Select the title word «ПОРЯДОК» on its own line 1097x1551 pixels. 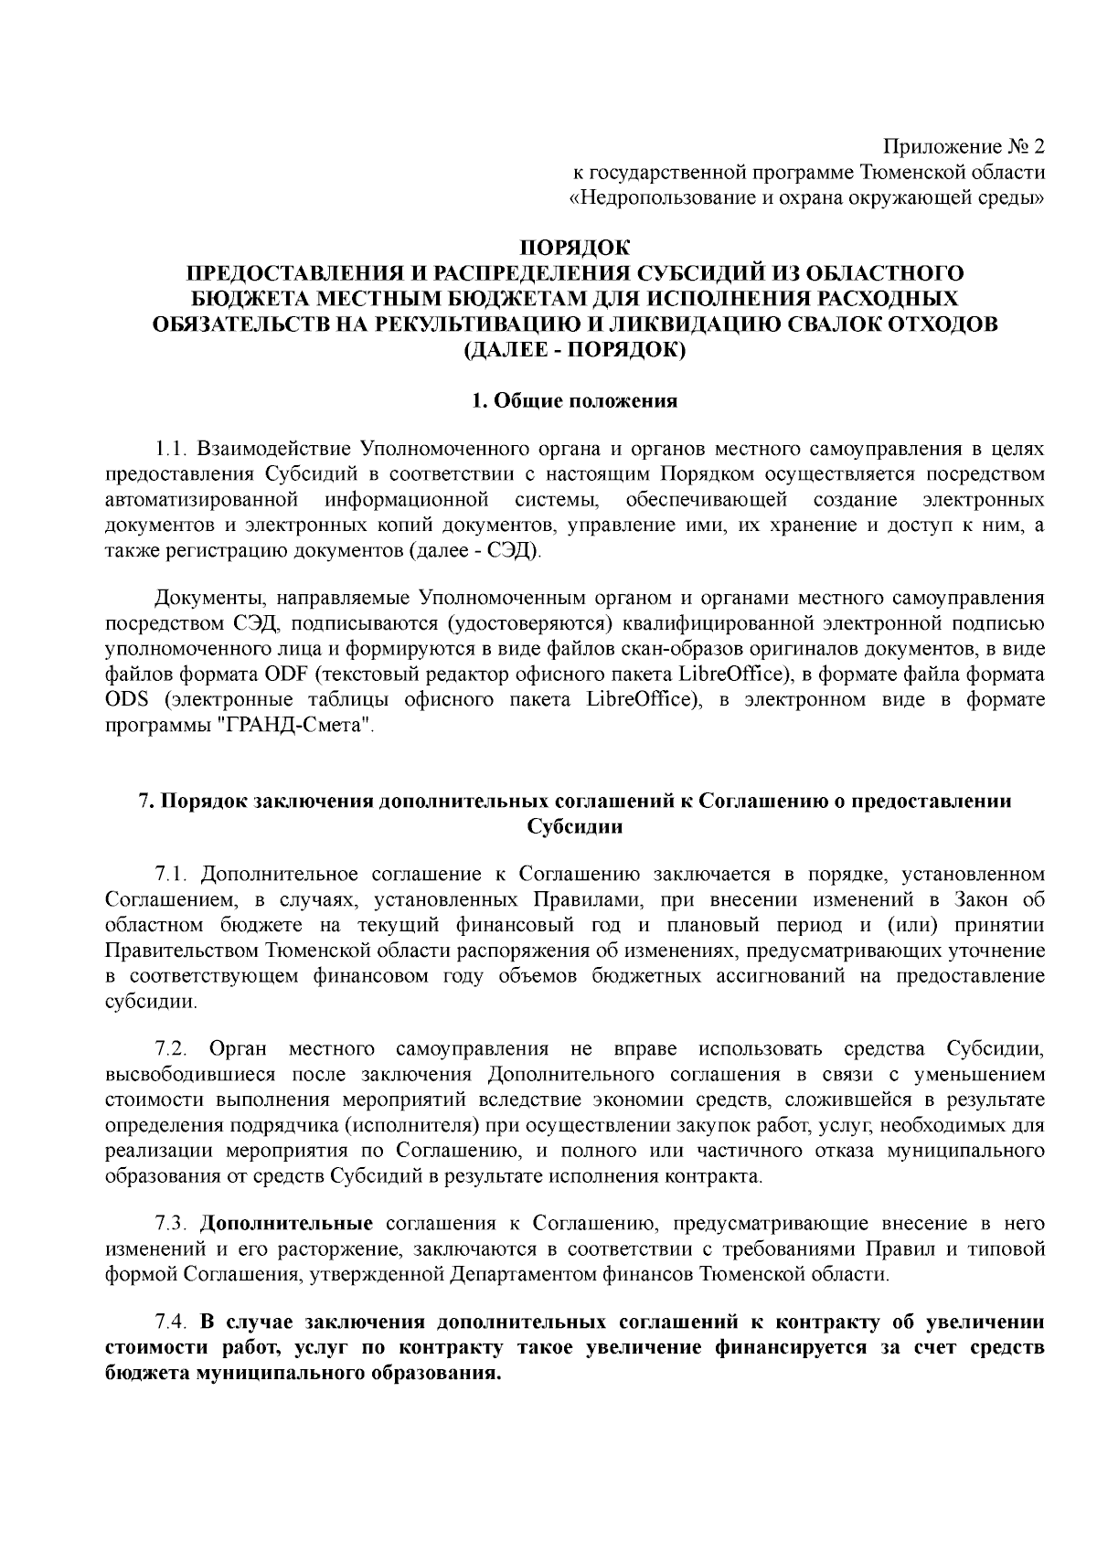pyautogui.click(x=575, y=248)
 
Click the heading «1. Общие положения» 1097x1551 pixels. pyautogui.click(x=574, y=400)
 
